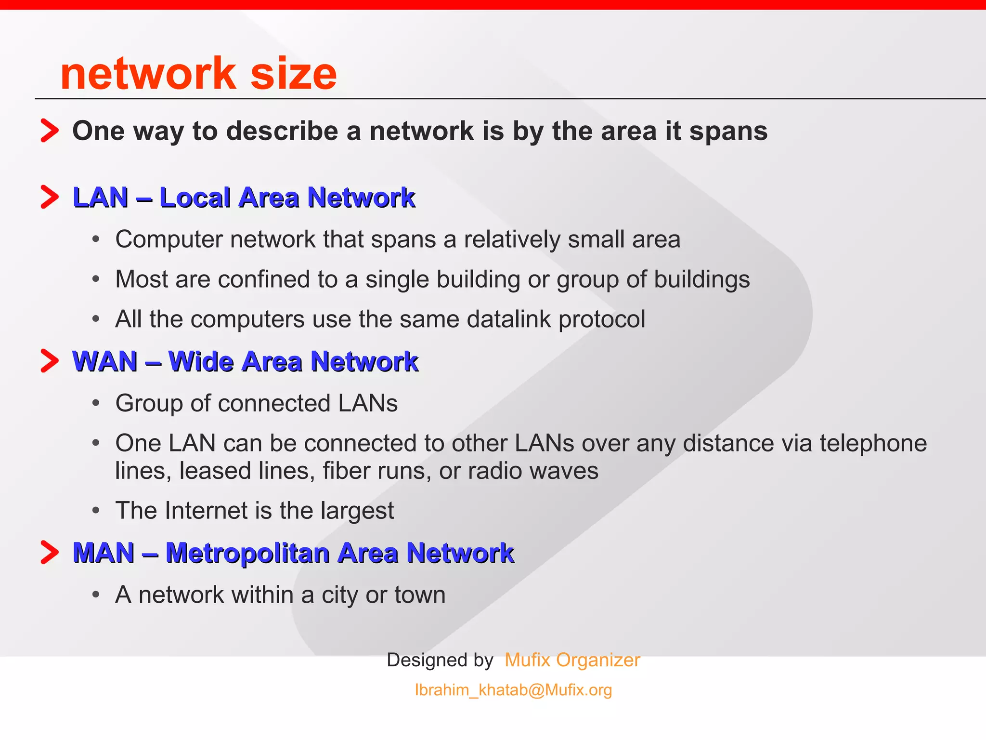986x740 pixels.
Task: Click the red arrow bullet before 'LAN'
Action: pyautogui.click(x=50, y=197)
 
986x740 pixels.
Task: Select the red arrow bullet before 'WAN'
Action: pyautogui.click(x=50, y=361)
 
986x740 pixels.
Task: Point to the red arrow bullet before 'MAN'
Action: pyautogui.click(x=50, y=552)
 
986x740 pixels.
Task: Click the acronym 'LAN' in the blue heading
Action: pyautogui.click(x=100, y=198)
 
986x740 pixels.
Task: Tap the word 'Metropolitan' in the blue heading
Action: pyautogui.click(x=247, y=553)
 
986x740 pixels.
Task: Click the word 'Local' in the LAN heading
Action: pyautogui.click(x=195, y=198)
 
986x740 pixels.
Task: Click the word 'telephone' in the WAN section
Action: pyautogui.click(x=873, y=443)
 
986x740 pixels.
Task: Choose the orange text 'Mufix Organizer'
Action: pyautogui.click(x=572, y=660)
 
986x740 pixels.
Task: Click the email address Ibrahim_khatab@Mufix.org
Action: pyautogui.click(x=513, y=690)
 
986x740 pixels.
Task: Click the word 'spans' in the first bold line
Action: pyautogui.click(x=728, y=131)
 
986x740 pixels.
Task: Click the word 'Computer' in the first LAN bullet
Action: pyautogui.click(x=169, y=239)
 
